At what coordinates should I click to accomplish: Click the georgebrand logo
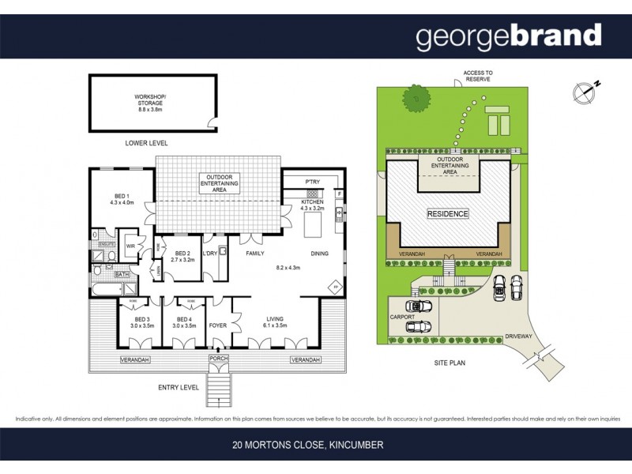point(509,36)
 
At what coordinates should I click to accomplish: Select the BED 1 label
point(122,198)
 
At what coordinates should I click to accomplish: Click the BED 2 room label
point(182,254)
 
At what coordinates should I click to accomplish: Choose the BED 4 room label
point(183,320)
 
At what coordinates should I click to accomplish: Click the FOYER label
point(217,325)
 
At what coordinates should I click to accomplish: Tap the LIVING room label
point(275,320)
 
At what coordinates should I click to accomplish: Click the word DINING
point(320,253)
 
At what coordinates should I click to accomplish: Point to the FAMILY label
point(254,253)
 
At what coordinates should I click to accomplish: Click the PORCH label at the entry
point(218,360)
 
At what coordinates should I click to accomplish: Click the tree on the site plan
point(417,99)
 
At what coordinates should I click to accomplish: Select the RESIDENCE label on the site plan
point(448,214)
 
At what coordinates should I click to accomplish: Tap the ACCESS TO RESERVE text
point(477,77)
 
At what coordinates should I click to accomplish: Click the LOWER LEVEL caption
point(146,143)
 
